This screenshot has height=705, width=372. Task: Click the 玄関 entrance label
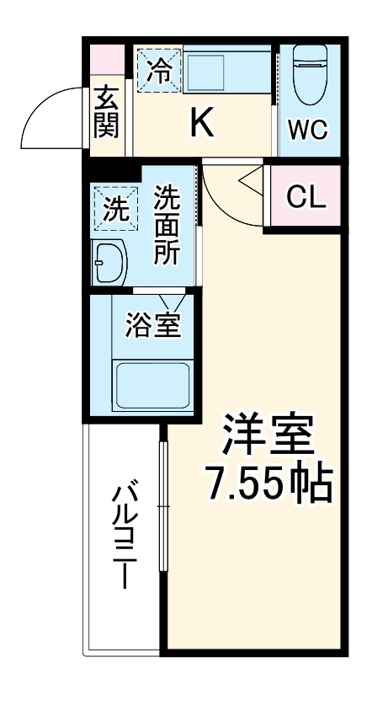106,112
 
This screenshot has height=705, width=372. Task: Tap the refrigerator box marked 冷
157,69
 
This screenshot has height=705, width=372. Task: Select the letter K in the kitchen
201,124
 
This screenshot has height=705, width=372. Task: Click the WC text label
309,130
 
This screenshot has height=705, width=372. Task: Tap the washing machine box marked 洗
112,209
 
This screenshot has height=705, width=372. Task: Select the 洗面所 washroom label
166,226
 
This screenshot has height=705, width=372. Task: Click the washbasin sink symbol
109,263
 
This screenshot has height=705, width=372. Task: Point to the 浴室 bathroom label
153,324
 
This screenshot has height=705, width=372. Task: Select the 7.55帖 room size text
268,484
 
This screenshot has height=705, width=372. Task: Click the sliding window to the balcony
165,505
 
